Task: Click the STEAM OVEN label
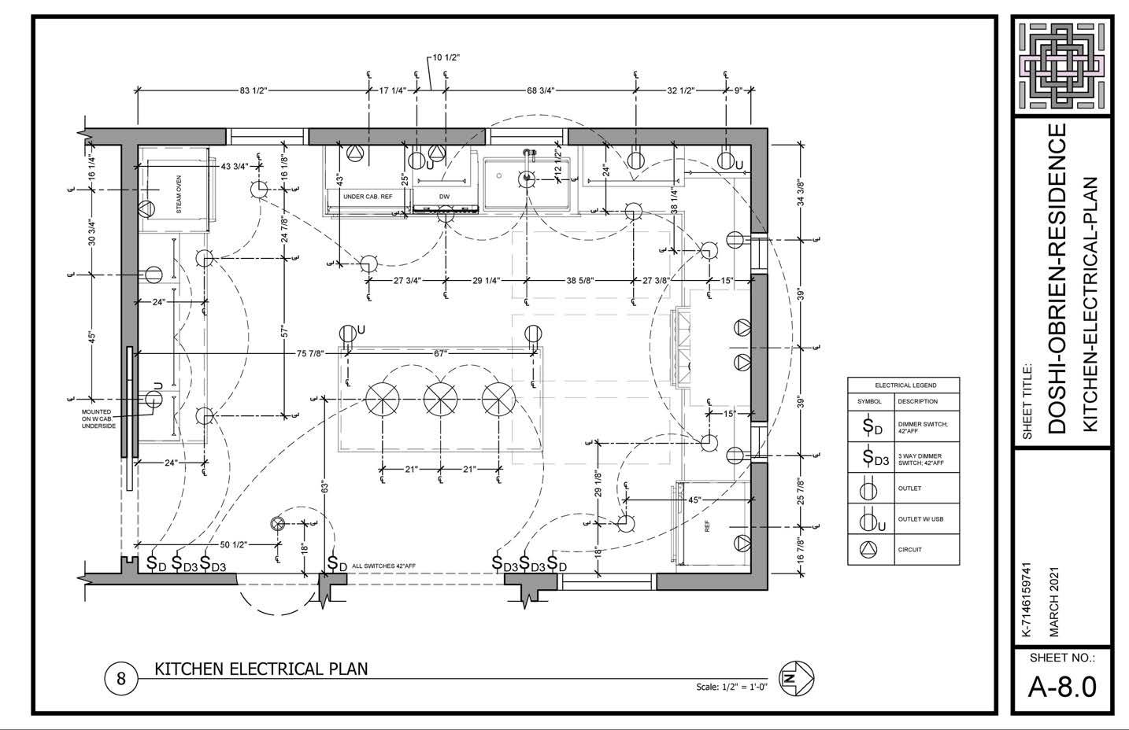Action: tap(179, 194)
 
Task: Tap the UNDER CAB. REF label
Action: tap(367, 196)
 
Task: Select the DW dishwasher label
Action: tap(444, 196)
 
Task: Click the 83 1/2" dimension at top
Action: tap(254, 91)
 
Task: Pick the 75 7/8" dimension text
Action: tap(310, 354)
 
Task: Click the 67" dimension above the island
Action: tap(440, 354)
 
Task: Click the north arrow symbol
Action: tap(796, 677)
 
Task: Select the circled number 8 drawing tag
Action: tap(121, 678)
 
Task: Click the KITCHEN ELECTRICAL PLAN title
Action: tap(261, 669)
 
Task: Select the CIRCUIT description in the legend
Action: tap(909, 549)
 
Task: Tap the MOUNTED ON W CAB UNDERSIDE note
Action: tap(99, 418)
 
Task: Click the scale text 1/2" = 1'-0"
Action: tap(733, 687)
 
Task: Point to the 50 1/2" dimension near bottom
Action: tap(234, 545)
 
